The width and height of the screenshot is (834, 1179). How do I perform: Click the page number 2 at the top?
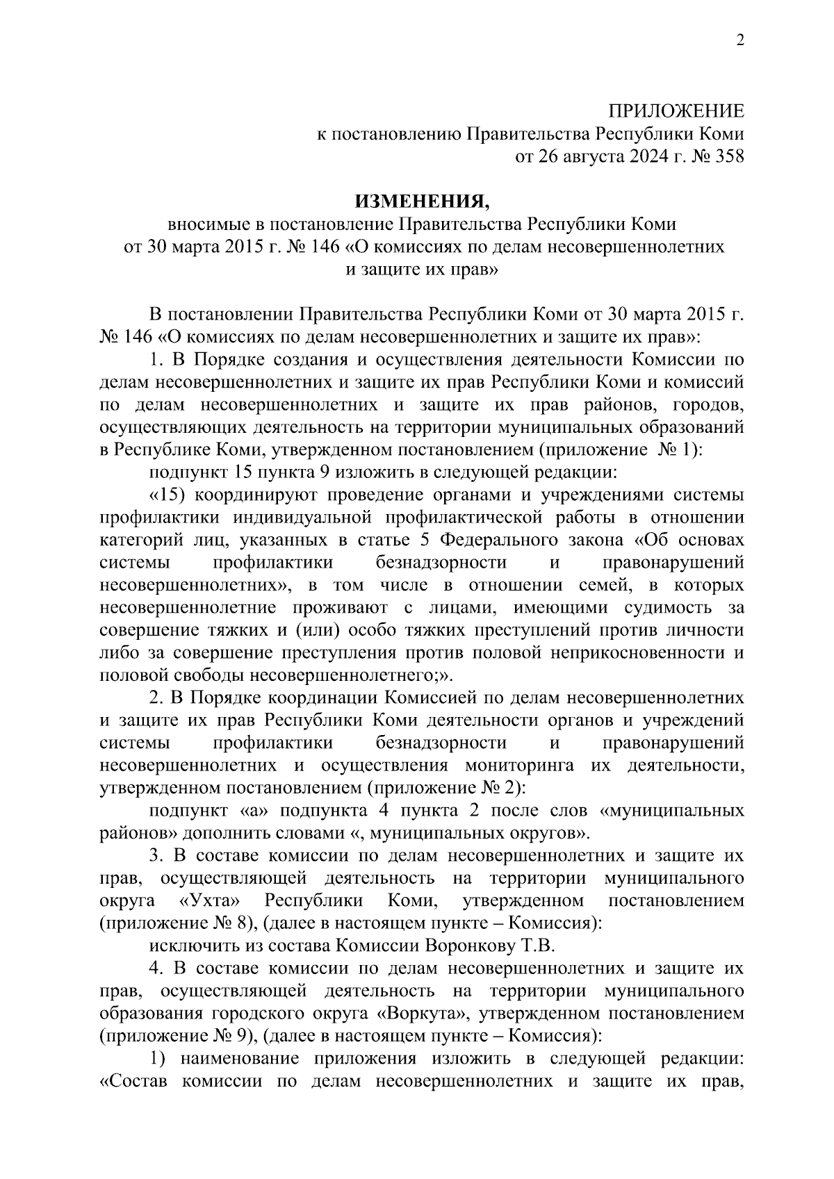(x=739, y=41)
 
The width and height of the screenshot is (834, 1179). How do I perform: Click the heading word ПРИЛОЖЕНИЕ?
(x=676, y=111)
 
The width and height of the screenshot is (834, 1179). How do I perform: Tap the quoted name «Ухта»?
(x=211, y=900)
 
